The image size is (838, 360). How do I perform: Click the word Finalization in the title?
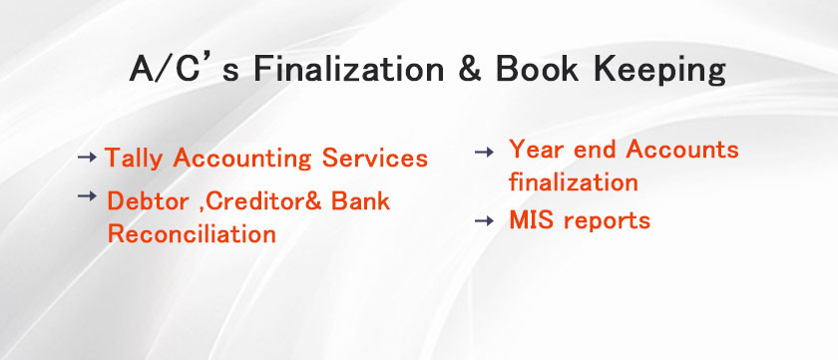pyautogui.click(x=348, y=70)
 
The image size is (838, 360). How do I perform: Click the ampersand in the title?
pyautogui.click(x=469, y=70)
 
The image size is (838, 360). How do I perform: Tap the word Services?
pyautogui.click(x=375, y=159)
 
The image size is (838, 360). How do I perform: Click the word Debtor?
pyautogui.click(x=148, y=201)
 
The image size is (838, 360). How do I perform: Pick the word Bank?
pyautogui.click(x=360, y=200)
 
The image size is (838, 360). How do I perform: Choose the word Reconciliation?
pyautogui.click(x=192, y=234)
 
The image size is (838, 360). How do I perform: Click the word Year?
pyautogui.click(x=536, y=149)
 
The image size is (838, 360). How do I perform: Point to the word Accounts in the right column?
pyautogui.click(x=682, y=149)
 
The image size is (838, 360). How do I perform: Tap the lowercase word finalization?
pyautogui.click(x=574, y=181)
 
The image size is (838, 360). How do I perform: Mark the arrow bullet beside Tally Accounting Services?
pyautogui.click(x=87, y=157)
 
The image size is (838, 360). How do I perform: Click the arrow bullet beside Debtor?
pyautogui.click(x=87, y=196)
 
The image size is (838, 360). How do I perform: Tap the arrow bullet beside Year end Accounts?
pyautogui.click(x=484, y=153)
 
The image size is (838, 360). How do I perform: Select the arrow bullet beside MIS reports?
pyautogui.click(x=484, y=220)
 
